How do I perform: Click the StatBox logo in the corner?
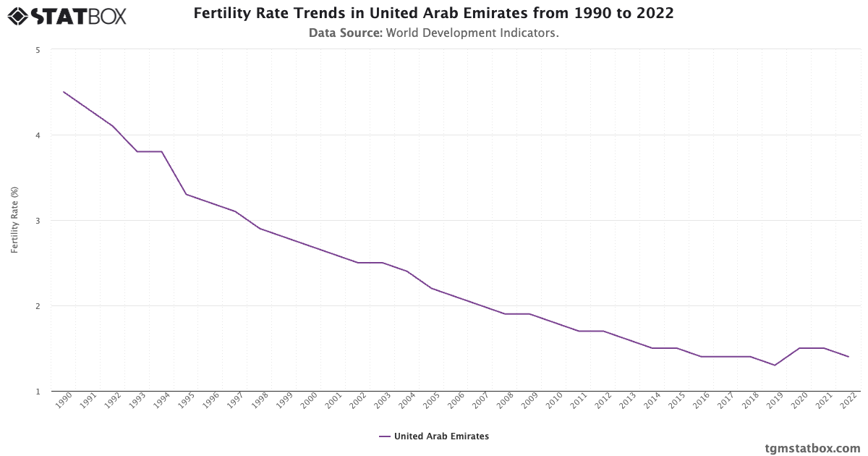pos(67,15)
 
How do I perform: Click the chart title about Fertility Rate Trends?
pos(433,14)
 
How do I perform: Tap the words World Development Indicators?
pos(472,33)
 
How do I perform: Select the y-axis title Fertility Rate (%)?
pos(14,220)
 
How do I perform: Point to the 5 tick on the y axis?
pos(37,50)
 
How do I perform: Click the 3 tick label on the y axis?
pos(37,221)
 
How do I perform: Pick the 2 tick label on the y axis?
pos(37,306)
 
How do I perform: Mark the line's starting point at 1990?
pos(64,92)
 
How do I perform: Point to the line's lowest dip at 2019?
pos(775,366)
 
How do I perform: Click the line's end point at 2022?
pos(848,357)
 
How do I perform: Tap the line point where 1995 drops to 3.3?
pos(186,195)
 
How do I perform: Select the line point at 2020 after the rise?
pos(799,348)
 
